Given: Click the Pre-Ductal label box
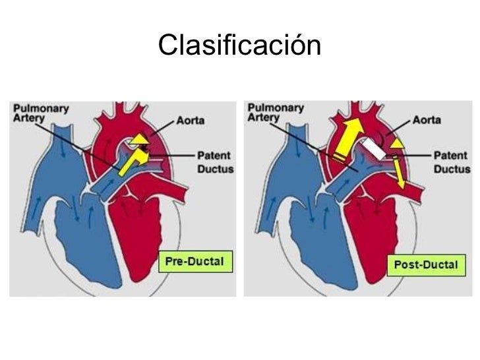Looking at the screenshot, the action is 195,262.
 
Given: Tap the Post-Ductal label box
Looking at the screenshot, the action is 425,265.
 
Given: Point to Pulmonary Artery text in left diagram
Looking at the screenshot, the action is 40,111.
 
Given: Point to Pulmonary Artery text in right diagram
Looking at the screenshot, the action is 275,111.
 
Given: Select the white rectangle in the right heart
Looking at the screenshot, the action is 374,147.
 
